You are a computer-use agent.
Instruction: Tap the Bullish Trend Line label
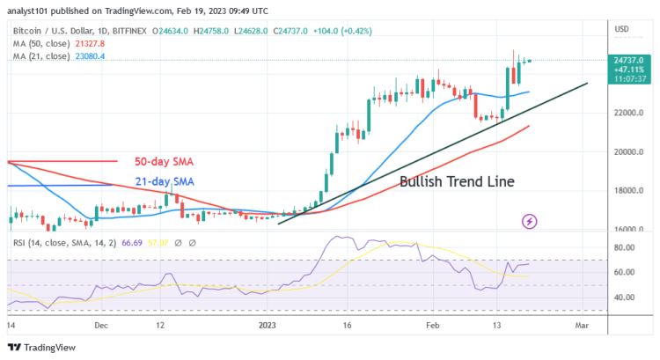(457, 182)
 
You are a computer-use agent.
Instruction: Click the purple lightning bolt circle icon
(530, 220)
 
